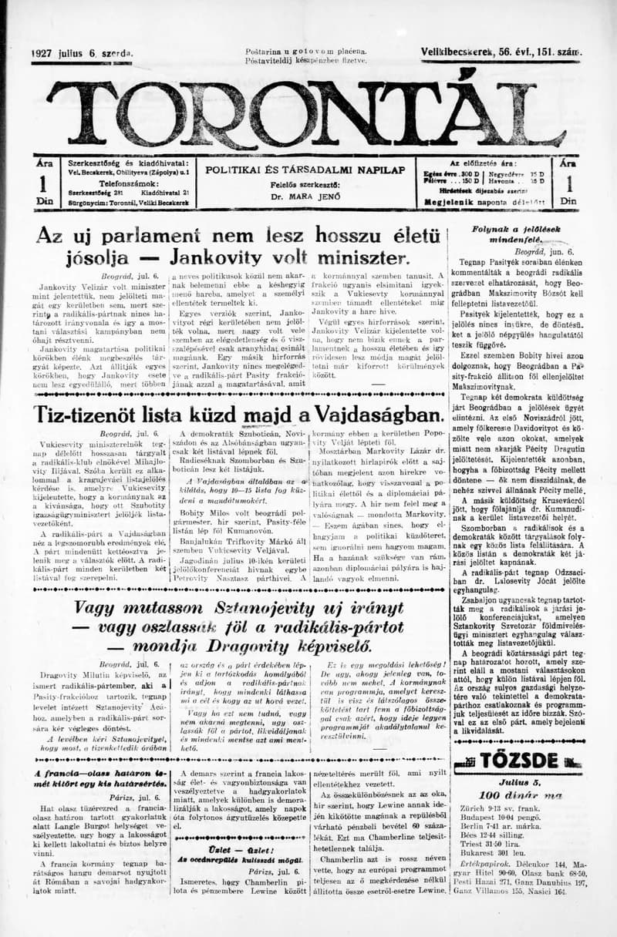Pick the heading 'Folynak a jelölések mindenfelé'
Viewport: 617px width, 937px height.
(x=516, y=235)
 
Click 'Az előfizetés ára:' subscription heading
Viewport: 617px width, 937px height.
(x=483, y=163)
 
